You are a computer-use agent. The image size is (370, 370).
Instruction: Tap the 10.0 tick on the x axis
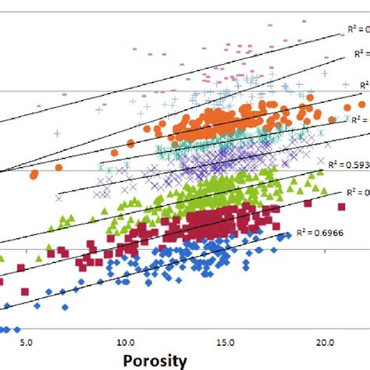125,342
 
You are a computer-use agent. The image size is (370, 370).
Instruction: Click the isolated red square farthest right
341,207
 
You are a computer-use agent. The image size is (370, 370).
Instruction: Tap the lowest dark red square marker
24,292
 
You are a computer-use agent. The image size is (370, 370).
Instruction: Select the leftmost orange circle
34,176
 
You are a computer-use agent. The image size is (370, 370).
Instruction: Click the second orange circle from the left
59,167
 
